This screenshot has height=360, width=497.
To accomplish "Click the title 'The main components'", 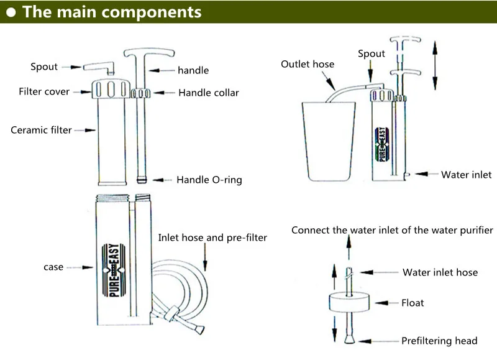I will (112, 12).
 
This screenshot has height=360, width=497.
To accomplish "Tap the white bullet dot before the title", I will (10, 12).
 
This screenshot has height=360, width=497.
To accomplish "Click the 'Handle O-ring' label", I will (209, 180).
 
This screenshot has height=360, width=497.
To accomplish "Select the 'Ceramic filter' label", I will (42, 130).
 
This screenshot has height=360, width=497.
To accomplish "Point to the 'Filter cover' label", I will (44, 92).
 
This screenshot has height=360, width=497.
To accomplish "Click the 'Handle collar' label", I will (209, 93).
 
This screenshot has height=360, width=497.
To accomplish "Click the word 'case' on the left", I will (53, 267).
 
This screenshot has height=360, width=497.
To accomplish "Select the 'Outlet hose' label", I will (307, 64).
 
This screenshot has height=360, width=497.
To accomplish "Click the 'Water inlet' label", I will (466, 175).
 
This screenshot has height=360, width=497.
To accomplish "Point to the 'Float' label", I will (413, 303).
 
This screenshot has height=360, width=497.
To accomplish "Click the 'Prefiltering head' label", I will (439, 340).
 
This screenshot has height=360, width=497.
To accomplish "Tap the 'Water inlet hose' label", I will (440, 272).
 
